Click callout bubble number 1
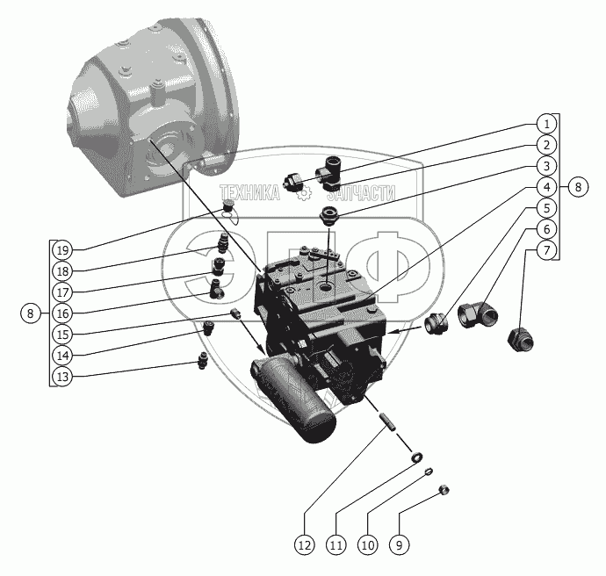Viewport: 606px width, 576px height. click(545, 124)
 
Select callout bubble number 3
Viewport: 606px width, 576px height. click(545, 166)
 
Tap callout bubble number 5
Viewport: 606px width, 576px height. click(545, 208)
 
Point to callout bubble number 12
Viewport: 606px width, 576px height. click(304, 545)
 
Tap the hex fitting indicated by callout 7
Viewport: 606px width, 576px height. click(519, 337)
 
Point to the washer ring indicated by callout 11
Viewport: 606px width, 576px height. click(416, 457)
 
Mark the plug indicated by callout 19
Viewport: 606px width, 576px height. click(229, 206)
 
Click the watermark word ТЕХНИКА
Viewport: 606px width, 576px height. click(249, 195)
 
